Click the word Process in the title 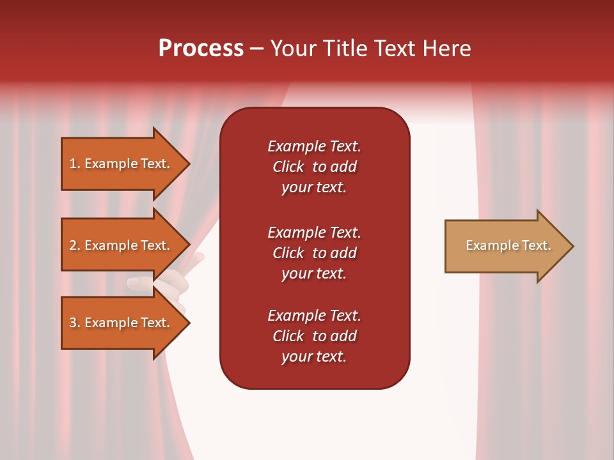[201, 49]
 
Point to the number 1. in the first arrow [75, 164]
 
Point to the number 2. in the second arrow [75, 245]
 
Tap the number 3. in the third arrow [75, 323]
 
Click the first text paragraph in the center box [314, 167]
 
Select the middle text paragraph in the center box [314, 253]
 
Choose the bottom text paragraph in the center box [314, 336]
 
